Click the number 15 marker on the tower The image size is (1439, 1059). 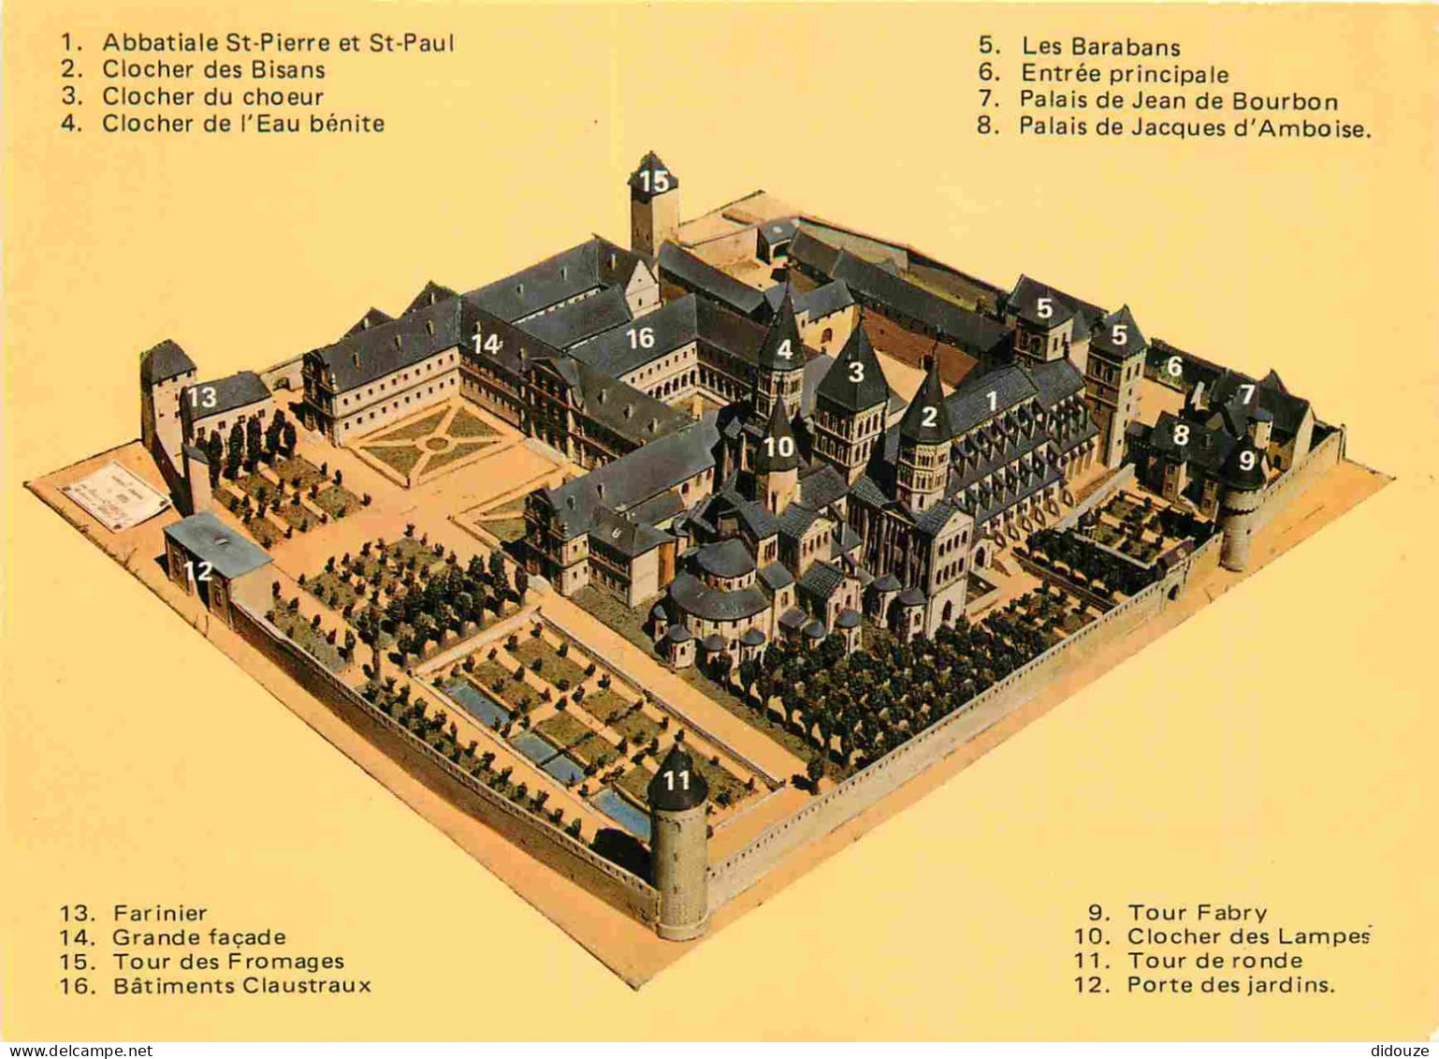[x=654, y=181]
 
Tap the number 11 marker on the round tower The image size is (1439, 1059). [x=676, y=780]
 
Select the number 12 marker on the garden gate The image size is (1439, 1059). [x=197, y=570]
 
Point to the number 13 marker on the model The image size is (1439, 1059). [x=201, y=397]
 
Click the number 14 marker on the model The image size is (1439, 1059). [x=486, y=345]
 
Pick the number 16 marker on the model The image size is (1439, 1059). [x=640, y=339]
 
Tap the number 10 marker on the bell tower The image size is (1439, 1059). [x=778, y=448]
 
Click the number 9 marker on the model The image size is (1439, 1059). [x=1246, y=461]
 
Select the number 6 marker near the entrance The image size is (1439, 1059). [x=1174, y=367]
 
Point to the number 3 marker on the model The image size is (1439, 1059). [x=855, y=373]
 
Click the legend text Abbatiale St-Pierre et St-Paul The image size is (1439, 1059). [x=278, y=42]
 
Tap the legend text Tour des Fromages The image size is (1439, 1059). [x=228, y=962]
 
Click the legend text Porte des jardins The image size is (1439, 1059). [x=1230, y=985]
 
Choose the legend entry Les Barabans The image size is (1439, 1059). [x=1100, y=47]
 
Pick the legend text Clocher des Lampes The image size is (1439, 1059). [x=1248, y=936]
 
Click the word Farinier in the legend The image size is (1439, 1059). [x=160, y=913]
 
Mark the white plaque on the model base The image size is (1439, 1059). [x=115, y=494]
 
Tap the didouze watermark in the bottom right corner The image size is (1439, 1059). [x=1402, y=1051]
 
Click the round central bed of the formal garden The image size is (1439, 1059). [x=436, y=443]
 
